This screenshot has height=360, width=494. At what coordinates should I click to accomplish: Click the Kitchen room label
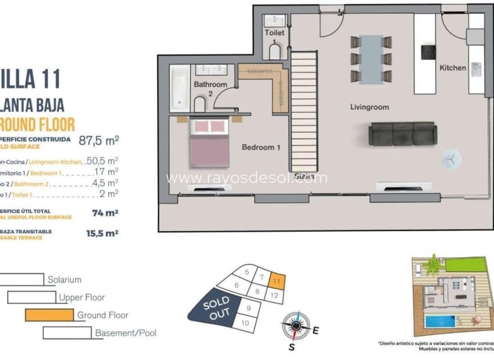452,68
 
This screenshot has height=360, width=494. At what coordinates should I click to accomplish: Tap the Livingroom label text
369,107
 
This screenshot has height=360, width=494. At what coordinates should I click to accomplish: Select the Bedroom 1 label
261,147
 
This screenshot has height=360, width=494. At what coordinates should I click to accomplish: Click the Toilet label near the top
274,33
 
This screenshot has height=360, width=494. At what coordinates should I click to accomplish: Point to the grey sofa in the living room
402,134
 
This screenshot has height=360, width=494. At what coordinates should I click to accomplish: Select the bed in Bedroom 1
207,142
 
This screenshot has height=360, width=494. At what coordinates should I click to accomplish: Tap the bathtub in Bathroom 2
180,89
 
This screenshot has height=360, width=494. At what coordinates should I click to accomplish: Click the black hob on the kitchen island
429,52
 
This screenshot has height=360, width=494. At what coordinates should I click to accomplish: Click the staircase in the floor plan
303,110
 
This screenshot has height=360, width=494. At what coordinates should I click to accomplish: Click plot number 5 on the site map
247,272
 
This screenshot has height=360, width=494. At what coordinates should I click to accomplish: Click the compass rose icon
295,325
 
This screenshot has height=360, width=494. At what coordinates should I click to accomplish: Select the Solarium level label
65,280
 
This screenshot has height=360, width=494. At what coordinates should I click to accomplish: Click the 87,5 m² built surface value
99,140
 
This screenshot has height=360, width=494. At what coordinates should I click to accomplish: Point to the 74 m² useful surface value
105,213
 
